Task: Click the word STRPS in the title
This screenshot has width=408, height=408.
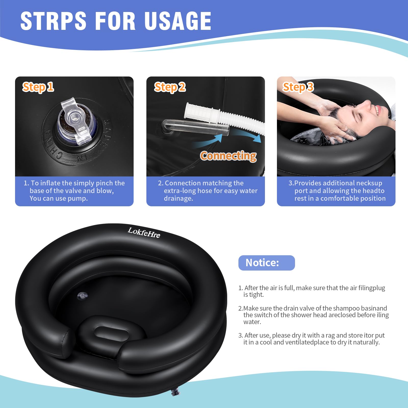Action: coord(53,21)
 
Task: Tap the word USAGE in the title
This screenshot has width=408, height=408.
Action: coord(178,21)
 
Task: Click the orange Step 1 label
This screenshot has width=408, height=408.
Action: coord(38,87)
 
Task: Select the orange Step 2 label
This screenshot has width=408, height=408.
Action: coord(170,87)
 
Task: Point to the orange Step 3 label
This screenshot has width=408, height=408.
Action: coord(298,87)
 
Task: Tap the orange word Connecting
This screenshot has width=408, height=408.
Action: coord(228,156)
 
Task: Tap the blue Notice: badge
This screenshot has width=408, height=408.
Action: coord(266,263)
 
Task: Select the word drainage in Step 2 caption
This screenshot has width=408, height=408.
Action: coord(178,198)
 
